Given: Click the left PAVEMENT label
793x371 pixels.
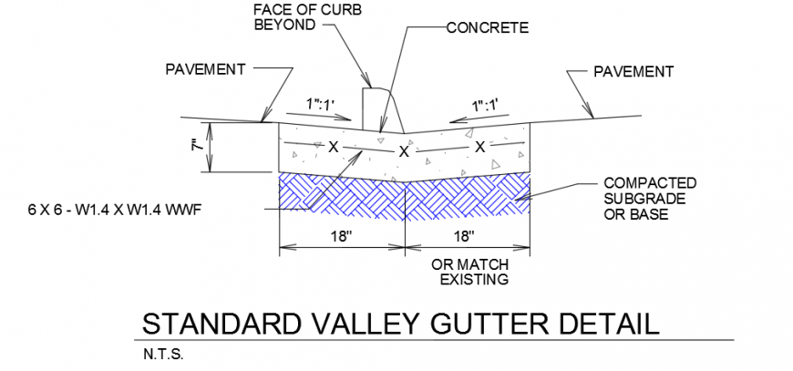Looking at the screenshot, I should pyautogui.click(x=205, y=69).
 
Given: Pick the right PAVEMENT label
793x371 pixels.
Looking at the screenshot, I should pyautogui.click(x=633, y=71).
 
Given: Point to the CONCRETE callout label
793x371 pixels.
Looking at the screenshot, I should pyautogui.click(x=487, y=28).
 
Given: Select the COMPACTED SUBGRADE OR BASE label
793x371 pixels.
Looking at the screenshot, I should pyautogui.click(x=650, y=198).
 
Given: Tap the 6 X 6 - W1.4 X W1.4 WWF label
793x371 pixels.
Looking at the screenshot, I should pyautogui.click(x=115, y=211).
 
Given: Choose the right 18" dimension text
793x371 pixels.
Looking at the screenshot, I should pyautogui.click(x=464, y=236).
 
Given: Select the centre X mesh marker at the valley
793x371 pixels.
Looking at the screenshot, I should pyautogui.click(x=402, y=151).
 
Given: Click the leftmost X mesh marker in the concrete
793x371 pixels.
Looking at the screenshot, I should pyautogui.click(x=334, y=146).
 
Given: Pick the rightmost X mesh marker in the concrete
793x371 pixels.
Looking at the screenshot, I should pyautogui.click(x=479, y=146).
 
